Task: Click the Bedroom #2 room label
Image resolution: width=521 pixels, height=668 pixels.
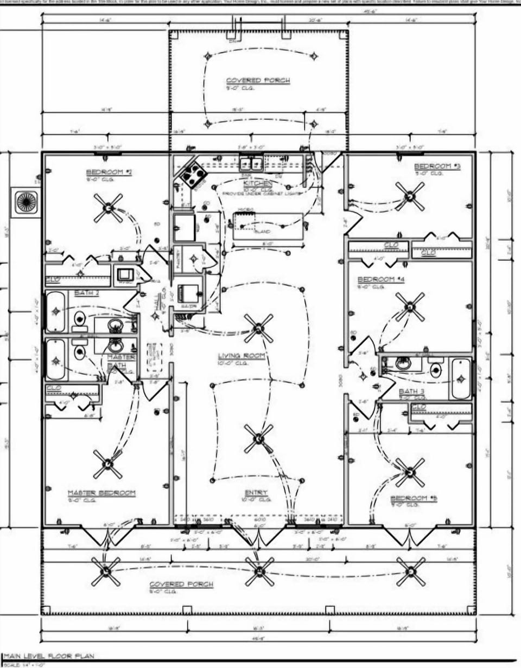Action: click(x=109, y=172)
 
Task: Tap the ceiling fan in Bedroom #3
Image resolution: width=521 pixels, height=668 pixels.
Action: click(x=410, y=196)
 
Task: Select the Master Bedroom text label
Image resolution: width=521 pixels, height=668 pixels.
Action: click(x=101, y=493)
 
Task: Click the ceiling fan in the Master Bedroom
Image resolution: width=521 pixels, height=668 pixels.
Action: click(x=108, y=464)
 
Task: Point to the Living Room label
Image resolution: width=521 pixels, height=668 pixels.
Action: click(x=241, y=356)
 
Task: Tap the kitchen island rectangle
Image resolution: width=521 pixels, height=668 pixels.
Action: click(x=268, y=226)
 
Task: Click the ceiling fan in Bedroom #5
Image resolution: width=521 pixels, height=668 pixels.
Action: click(x=410, y=472)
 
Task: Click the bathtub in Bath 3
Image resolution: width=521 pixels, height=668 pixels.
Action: click(x=461, y=378)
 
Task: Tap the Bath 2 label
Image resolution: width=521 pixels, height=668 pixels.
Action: click(x=87, y=293)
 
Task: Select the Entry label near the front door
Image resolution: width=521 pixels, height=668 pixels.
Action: click(x=256, y=492)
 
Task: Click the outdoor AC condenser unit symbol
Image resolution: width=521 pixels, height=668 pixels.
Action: click(x=25, y=202)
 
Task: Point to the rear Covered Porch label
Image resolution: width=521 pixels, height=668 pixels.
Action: click(x=258, y=80)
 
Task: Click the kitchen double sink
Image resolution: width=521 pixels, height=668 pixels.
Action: click(x=252, y=164)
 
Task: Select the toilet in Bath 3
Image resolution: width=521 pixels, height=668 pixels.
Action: click(x=435, y=370)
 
